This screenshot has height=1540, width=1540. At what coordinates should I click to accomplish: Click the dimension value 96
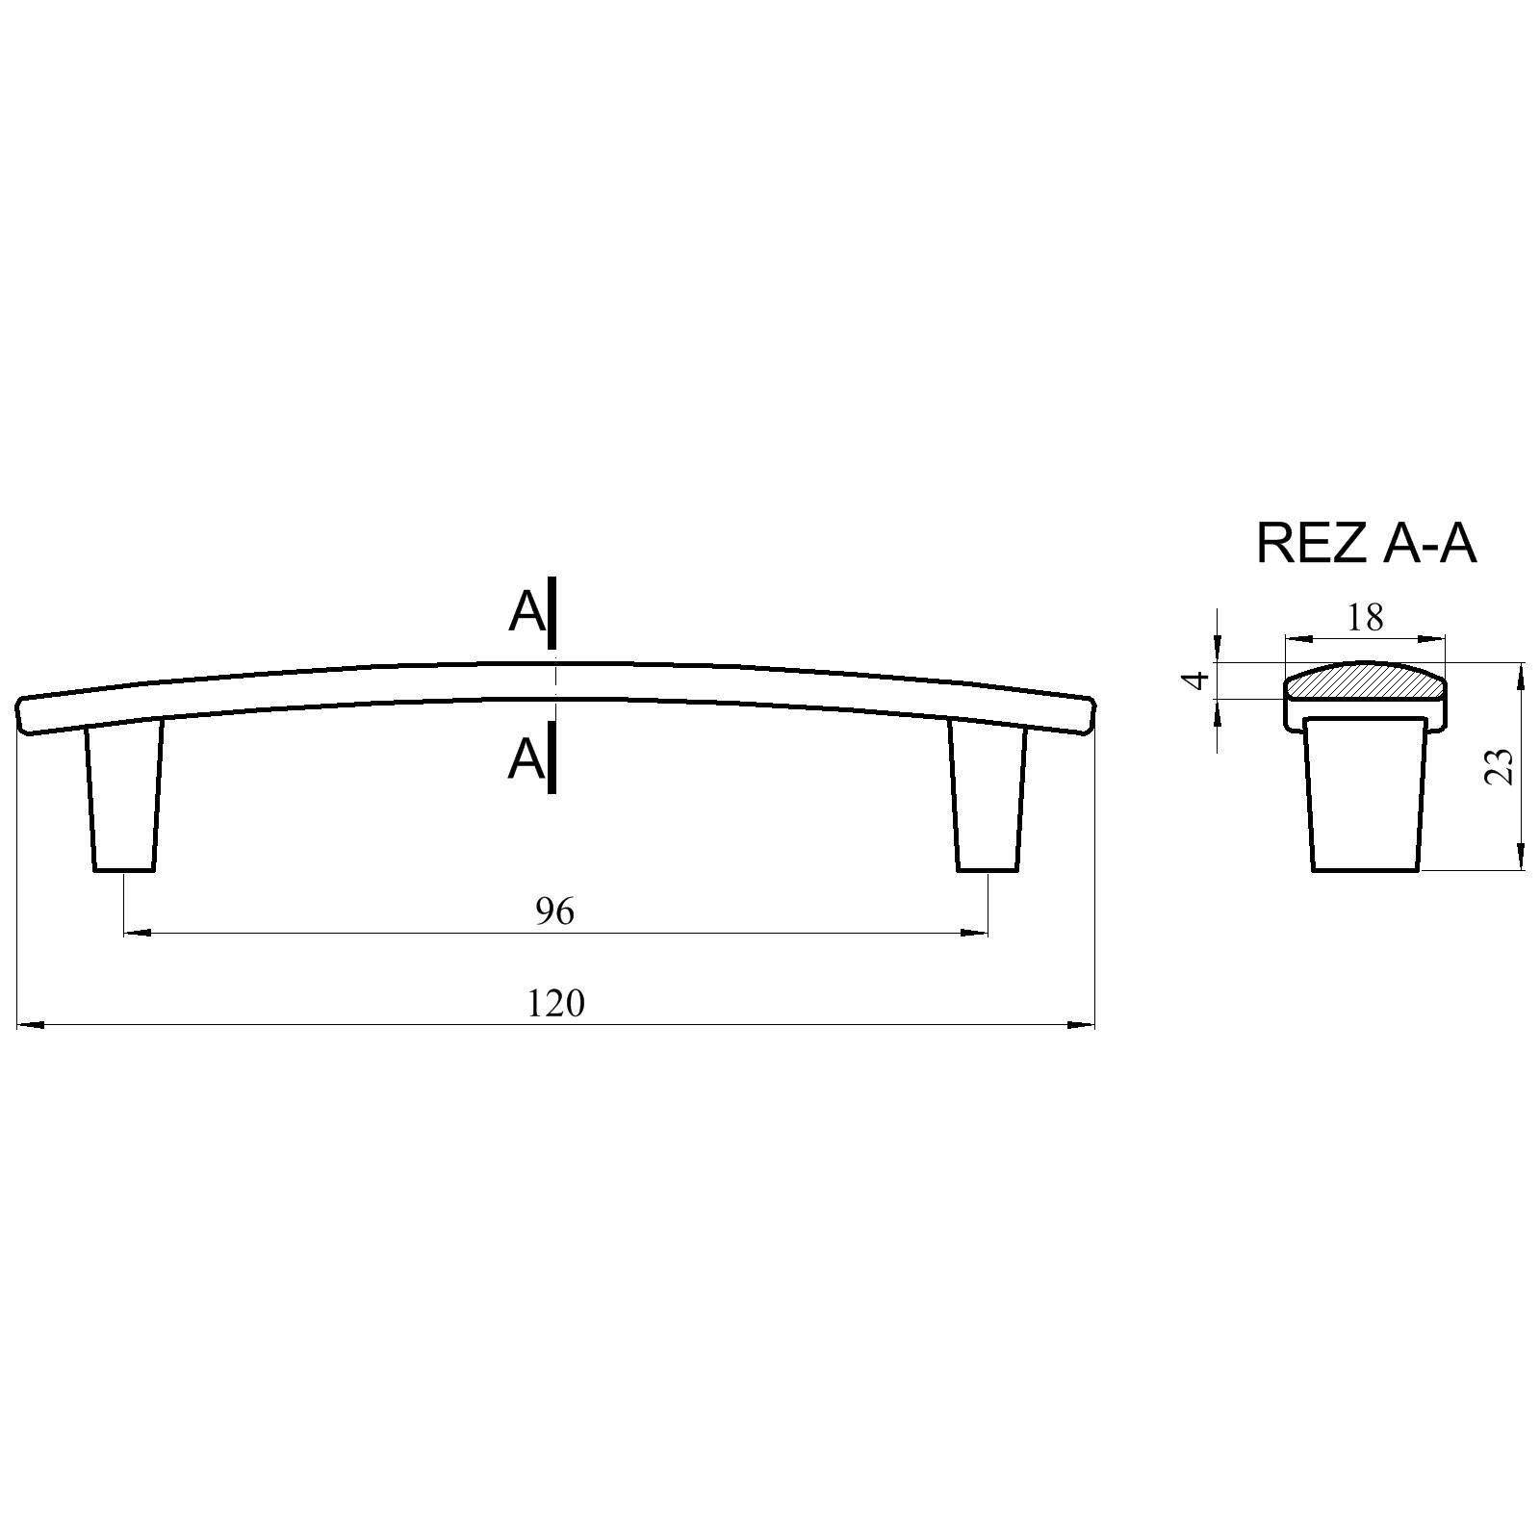(x=554, y=911)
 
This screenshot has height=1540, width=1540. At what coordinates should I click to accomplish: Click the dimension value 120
(x=555, y=1004)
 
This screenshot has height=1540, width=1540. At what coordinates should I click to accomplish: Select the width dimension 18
(x=1365, y=617)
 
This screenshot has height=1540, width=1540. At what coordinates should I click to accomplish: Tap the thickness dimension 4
(x=1196, y=680)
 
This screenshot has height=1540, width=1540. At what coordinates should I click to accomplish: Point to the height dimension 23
(x=1501, y=766)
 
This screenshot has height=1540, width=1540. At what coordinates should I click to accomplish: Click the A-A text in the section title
(x=1428, y=544)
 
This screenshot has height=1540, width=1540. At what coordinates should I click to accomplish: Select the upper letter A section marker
(x=526, y=611)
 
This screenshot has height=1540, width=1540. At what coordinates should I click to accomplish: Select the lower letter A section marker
(x=526, y=759)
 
